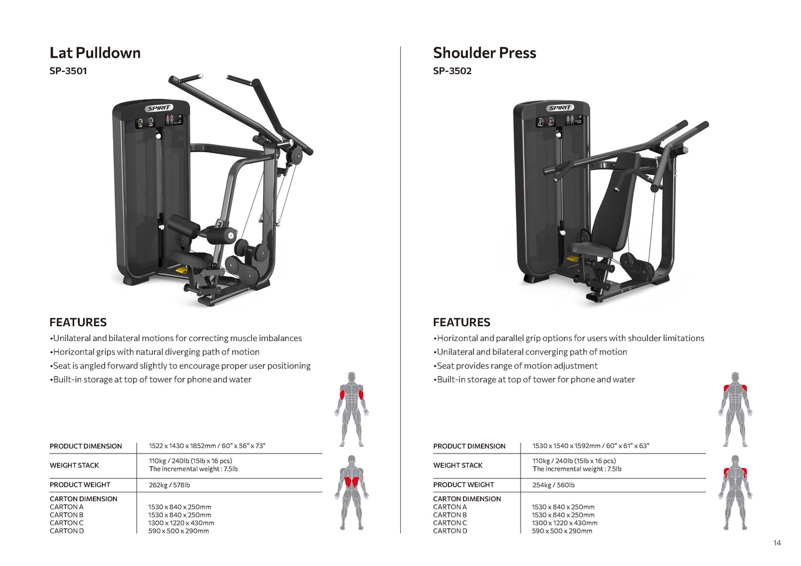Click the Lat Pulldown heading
tap(95, 53)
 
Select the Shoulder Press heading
tap(484, 53)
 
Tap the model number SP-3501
tap(68, 71)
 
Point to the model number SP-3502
tap(452, 71)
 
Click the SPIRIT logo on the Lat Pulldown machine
tap(159, 108)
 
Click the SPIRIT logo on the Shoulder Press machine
tap(559, 107)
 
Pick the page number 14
tap(777, 543)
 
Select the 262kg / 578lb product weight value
tap(169, 485)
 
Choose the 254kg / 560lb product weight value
tap(553, 485)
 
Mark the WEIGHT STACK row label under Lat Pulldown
tap(74, 465)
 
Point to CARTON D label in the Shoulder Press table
tap(450, 531)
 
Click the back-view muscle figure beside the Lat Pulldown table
tap(351, 493)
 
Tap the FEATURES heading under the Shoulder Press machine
tap(461, 322)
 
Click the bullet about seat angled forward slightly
tap(181, 366)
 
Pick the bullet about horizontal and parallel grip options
tap(570, 338)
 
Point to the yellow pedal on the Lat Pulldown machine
tap(181, 270)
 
